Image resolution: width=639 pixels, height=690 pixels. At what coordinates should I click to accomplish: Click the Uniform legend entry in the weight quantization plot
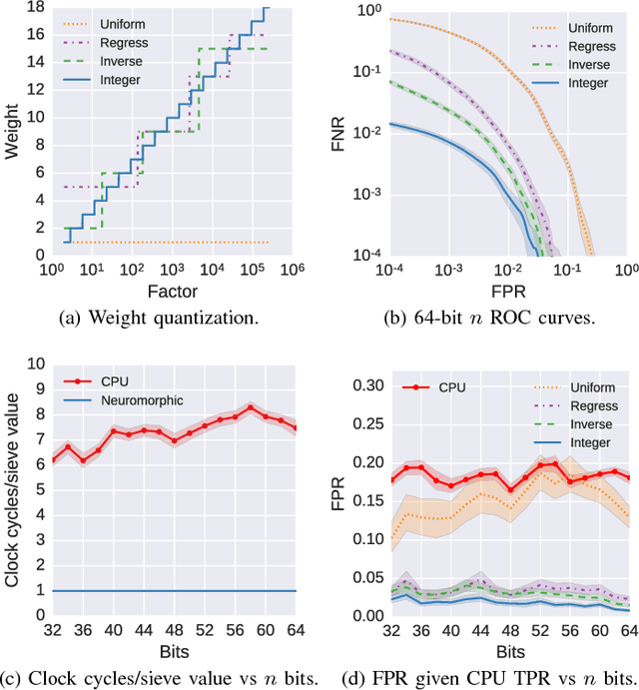click(115, 21)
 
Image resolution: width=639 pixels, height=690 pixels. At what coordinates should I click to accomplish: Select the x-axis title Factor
click(172, 292)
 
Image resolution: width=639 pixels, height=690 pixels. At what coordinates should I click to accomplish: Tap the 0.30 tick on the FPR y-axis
click(366, 385)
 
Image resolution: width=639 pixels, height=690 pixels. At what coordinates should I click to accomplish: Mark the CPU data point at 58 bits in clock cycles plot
click(251, 407)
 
